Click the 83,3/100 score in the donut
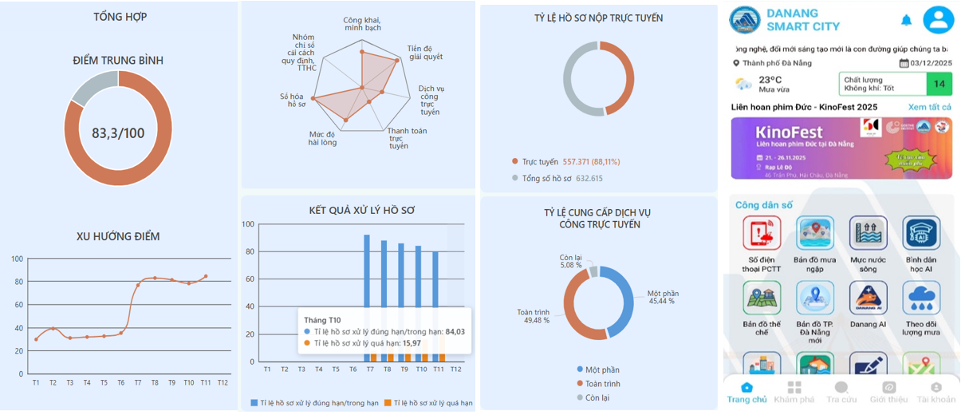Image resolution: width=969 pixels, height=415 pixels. [118, 132]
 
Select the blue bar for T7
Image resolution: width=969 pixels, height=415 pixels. [367, 271]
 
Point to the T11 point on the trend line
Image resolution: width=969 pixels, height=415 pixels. [206, 276]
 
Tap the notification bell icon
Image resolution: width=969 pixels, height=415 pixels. [906, 19]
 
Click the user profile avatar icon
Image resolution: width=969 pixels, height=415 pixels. [938, 19]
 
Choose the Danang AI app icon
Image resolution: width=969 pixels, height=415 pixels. [868, 298]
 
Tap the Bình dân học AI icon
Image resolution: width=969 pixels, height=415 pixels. [921, 233]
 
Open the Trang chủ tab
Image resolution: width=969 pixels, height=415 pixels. [746, 392]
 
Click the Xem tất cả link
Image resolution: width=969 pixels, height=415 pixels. [929, 107]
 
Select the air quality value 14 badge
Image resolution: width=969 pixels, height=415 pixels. [939, 84]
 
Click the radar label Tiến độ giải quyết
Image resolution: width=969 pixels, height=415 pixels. [425, 53]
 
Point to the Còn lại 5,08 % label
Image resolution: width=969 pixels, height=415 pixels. [571, 261]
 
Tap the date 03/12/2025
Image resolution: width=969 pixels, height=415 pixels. [930, 63]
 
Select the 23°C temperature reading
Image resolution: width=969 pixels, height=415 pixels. [770, 79]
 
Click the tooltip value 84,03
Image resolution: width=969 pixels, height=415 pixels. [455, 331]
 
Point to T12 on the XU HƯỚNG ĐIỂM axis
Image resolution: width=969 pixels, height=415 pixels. [223, 383]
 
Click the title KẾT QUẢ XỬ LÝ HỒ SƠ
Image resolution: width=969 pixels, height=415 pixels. [361, 211]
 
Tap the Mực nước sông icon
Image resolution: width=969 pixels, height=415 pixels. [868, 233]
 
